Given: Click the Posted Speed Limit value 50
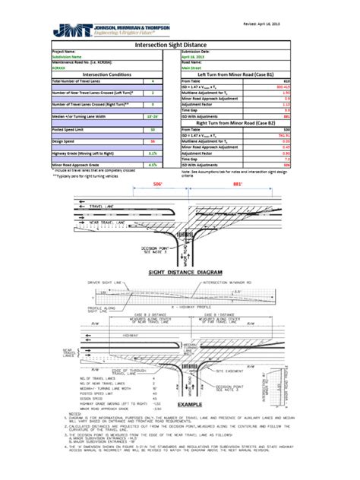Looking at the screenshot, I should coord(153,130).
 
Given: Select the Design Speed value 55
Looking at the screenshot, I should coord(153,141).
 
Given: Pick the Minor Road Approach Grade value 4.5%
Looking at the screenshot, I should coord(153,164).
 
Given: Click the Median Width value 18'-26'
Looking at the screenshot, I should coord(153,118).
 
